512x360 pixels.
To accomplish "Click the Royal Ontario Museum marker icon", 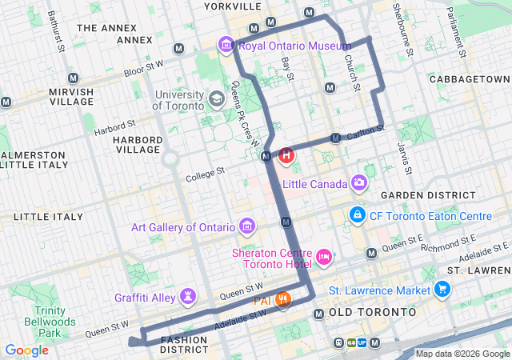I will click(x=226, y=46).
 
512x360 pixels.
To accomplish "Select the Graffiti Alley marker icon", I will click(x=188, y=298).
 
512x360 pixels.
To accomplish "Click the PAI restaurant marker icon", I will click(x=282, y=300).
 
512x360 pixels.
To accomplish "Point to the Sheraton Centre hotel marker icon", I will click(x=324, y=257).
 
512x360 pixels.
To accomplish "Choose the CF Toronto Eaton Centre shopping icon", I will click(x=357, y=216).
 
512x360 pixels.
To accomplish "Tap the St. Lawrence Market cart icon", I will click(x=442, y=290).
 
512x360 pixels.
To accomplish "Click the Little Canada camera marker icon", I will click(x=360, y=184).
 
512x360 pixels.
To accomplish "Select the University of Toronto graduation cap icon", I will click(x=216, y=99).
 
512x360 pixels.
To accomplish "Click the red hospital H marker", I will click(x=286, y=155).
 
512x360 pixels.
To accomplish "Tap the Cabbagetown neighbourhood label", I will click(x=469, y=79).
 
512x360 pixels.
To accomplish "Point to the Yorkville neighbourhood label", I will click(x=233, y=6).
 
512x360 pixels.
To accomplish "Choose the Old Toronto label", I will click(x=373, y=311).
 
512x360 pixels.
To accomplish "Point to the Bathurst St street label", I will click(x=54, y=28).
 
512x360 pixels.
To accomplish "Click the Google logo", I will click(x=26, y=350).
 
